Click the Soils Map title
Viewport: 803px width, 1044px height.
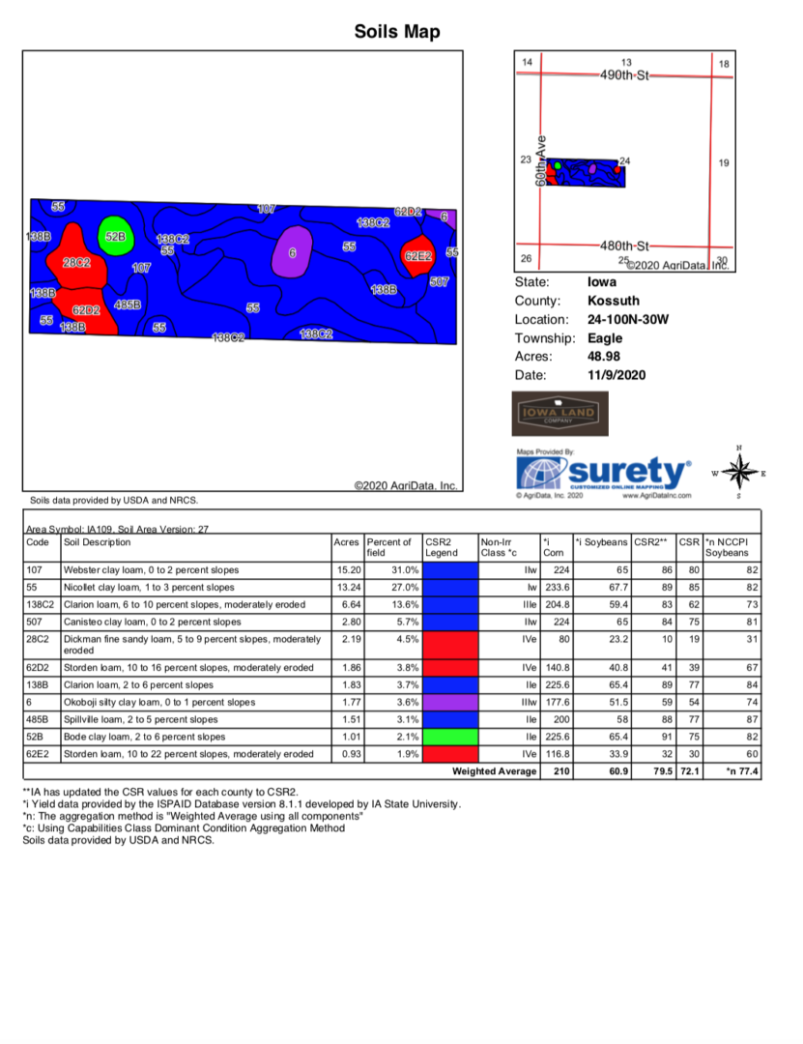pyautogui.click(x=397, y=32)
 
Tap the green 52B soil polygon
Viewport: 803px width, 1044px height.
pyautogui.click(x=115, y=236)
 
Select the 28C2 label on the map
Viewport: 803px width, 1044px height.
pyautogui.click(x=76, y=262)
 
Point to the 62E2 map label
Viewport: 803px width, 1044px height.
pyautogui.click(x=417, y=256)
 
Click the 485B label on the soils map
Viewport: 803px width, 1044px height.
pyautogui.click(x=128, y=304)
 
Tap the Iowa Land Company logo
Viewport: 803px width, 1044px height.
pyautogui.click(x=559, y=415)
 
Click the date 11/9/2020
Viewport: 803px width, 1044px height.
pyautogui.click(x=616, y=374)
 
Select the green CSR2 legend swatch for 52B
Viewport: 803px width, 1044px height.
pyautogui.click(x=450, y=737)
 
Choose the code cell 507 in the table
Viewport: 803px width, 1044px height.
pyautogui.click(x=36, y=622)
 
